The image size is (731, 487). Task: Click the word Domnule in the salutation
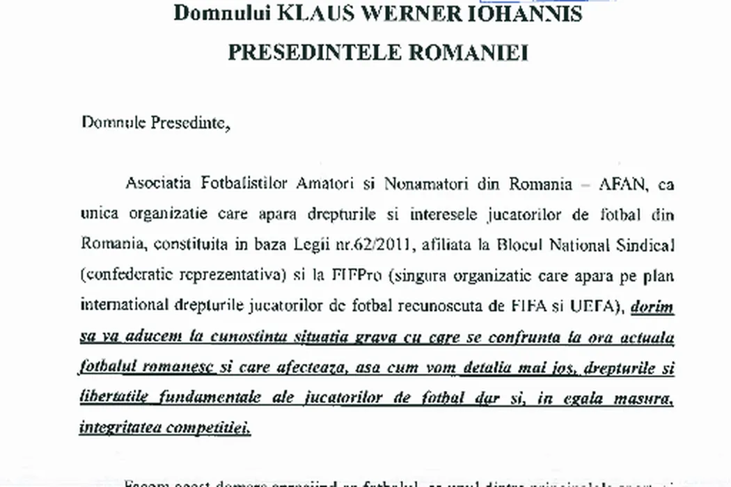[113, 122]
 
